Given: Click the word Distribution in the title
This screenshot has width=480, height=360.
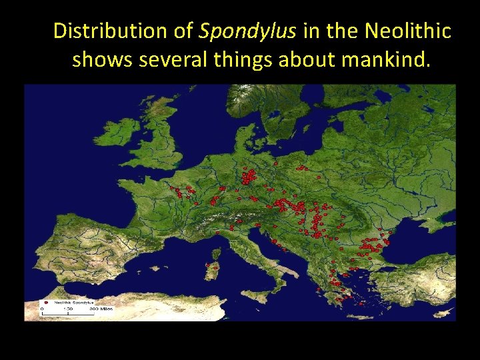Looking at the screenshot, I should coord(99,31).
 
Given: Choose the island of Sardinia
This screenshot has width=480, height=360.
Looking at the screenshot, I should coord(213,270).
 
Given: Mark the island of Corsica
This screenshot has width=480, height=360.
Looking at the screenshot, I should coord(216,253).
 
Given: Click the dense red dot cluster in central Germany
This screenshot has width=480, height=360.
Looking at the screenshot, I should coord(249,177).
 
